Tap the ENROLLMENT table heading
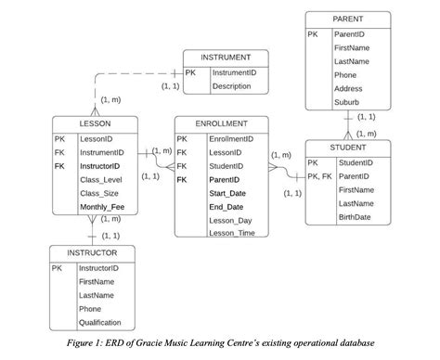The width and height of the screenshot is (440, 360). point(221,123)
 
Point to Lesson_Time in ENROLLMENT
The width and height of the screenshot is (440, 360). point(231,233)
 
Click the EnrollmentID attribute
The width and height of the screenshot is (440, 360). point(231,138)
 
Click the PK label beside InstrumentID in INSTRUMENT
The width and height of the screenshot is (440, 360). point(190,71)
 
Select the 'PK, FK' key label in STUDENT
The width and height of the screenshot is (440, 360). point(319,175)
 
